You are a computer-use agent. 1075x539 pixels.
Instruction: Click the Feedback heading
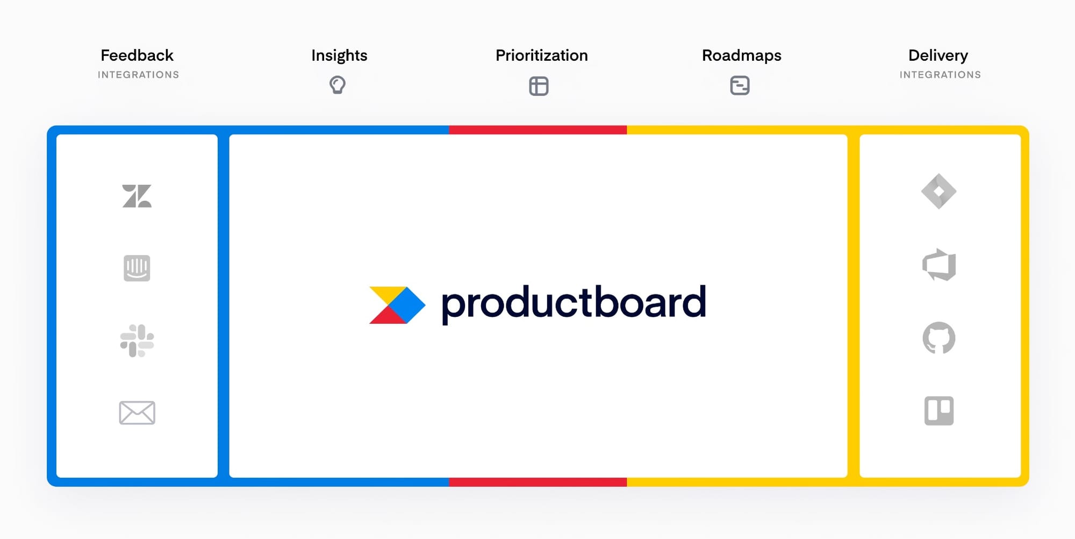pyautogui.click(x=137, y=55)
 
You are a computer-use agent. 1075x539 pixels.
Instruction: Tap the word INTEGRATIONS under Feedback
pyautogui.click(x=139, y=75)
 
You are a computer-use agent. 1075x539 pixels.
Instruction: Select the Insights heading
pyautogui.click(x=339, y=55)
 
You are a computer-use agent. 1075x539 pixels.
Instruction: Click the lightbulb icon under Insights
pyautogui.click(x=338, y=85)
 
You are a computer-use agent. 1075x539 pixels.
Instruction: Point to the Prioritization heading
pyautogui.click(x=542, y=55)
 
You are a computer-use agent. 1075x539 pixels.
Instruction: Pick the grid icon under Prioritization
pyautogui.click(x=539, y=86)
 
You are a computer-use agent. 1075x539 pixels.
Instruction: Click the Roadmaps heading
pyautogui.click(x=742, y=56)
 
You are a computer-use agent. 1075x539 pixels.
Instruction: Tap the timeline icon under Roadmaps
pyautogui.click(x=740, y=86)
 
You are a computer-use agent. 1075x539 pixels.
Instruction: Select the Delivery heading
pyautogui.click(x=938, y=56)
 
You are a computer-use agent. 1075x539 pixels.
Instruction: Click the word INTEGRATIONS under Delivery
pyautogui.click(x=941, y=75)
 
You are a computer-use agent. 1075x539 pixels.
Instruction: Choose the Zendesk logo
pyautogui.click(x=137, y=196)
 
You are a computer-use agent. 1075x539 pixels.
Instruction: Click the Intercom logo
pyautogui.click(x=137, y=268)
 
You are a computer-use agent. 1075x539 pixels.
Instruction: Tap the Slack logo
pyautogui.click(x=137, y=341)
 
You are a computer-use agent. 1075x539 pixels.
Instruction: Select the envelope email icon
pyautogui.click(x=137, y=413)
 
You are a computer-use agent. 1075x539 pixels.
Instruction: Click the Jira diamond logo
pyautogui.click(x=939, y=191)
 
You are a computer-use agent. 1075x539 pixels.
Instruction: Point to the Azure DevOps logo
pyautogui.click(x=939, y=265)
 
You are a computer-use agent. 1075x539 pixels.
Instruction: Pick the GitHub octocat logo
pyautogui.click(x=939, y=338)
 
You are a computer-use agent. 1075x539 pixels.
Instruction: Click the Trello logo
pyautogui.click(x=939, y=411)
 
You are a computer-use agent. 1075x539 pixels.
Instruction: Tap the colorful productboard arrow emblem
pyautogui.click(x=397, y=305)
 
